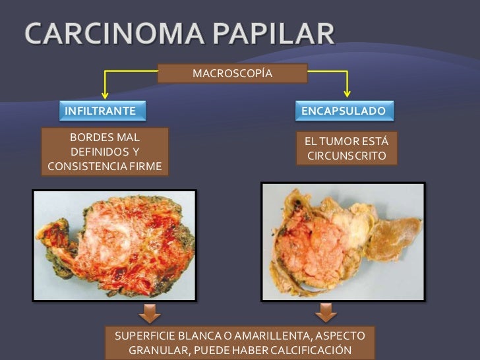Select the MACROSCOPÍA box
tap(232, 73)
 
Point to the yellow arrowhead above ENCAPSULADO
tap(347, 94)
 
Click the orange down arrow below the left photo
tap(151, 311)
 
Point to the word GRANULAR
tap(159, 350)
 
